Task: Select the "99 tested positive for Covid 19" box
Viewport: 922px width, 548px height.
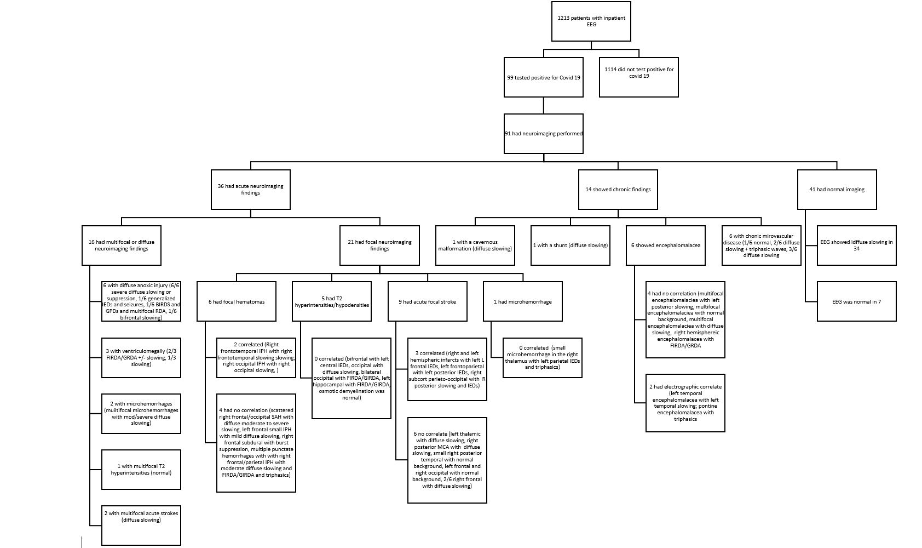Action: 543,77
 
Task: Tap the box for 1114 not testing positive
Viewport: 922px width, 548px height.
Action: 638,77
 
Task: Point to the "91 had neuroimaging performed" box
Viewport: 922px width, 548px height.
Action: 543,134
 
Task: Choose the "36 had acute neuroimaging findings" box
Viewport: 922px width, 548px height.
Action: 250,190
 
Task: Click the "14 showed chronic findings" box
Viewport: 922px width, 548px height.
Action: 618,190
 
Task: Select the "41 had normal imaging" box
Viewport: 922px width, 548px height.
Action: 836,190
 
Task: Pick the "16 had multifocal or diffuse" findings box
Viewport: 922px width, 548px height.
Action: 122,246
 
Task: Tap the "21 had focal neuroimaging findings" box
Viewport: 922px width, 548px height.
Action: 379,246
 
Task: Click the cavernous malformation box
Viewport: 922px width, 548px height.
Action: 475,246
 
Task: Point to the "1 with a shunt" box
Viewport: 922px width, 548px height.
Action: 570,246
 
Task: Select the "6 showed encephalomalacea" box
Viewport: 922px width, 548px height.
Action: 665,246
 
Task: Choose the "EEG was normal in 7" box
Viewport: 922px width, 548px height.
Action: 856,301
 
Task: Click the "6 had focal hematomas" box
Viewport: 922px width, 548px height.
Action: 236,301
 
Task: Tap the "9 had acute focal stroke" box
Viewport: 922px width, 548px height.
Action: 427,301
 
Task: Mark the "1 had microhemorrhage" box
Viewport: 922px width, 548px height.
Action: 522,301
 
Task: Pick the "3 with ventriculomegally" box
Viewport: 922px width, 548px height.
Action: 141,358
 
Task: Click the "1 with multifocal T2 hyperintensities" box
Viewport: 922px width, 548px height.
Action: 141,470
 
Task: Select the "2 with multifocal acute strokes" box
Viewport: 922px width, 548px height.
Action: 141,525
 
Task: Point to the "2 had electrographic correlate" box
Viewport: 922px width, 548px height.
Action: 685,403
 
